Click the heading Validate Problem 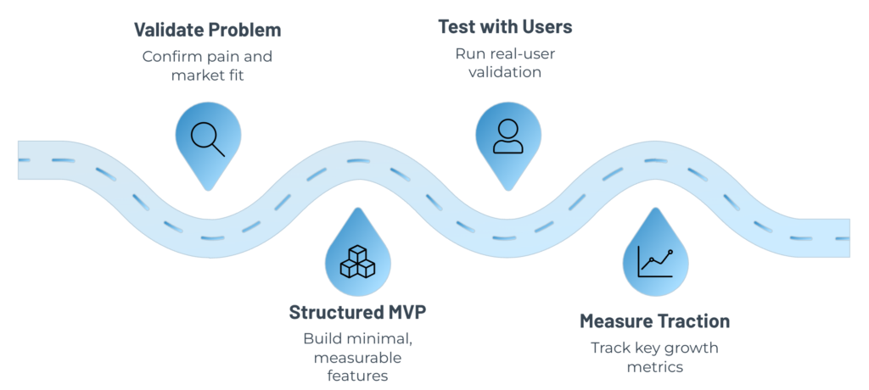click(207, 31)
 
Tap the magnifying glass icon click(207, 138)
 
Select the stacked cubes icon click(357, 263)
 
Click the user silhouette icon click(507, 136)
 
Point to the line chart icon click(655, 261)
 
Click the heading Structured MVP click(357, 312)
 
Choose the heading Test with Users click(505, 27)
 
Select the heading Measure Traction click(654, 321)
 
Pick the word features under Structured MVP click(357, 376)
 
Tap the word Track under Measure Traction click(608, 348)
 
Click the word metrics click(654, 367)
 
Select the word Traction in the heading click(692, 321)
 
